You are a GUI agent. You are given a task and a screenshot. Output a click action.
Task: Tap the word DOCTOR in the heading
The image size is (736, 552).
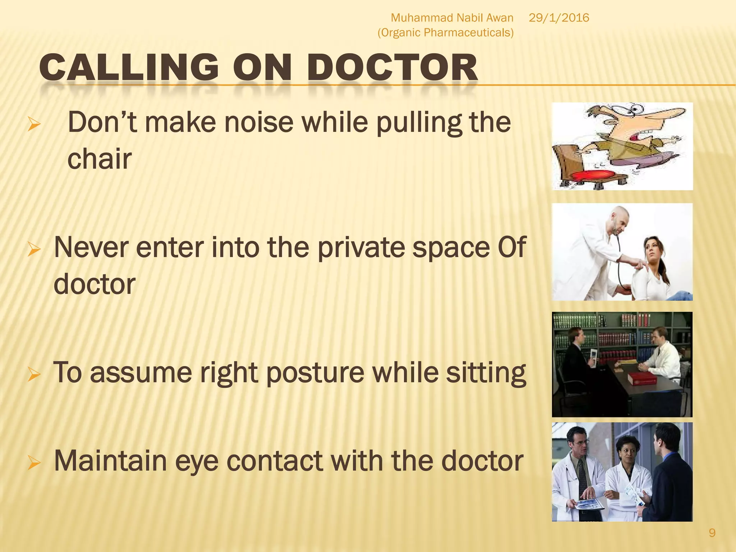tap(392, 68)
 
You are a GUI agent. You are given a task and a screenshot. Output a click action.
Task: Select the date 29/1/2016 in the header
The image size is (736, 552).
tap(559, 18)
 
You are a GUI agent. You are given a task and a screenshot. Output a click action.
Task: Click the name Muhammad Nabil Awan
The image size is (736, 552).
tap(452, 18)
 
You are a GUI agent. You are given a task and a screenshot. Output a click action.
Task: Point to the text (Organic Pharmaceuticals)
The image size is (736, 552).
tap(445, 33)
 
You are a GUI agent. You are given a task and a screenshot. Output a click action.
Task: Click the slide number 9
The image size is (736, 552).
tap(712, 533)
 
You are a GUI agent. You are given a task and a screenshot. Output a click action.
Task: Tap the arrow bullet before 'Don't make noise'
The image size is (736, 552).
tap(34, 125)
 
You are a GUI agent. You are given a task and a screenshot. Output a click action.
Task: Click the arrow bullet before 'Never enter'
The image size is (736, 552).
tap(34, 249)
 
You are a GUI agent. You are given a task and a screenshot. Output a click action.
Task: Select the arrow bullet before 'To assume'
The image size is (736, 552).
tap(34, 374)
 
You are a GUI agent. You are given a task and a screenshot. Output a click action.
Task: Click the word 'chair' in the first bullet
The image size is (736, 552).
tap(100, 159)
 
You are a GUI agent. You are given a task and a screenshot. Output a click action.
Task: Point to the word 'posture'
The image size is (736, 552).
tap(315, 373)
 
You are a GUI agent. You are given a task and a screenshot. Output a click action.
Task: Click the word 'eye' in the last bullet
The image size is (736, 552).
tap(196, 461)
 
